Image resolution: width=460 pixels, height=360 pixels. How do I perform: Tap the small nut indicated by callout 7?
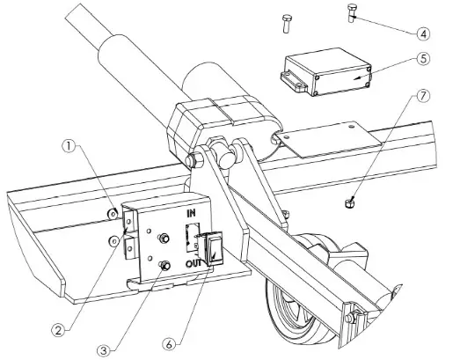pos(349,204)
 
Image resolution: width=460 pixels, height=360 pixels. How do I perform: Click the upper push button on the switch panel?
pos(163,239)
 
